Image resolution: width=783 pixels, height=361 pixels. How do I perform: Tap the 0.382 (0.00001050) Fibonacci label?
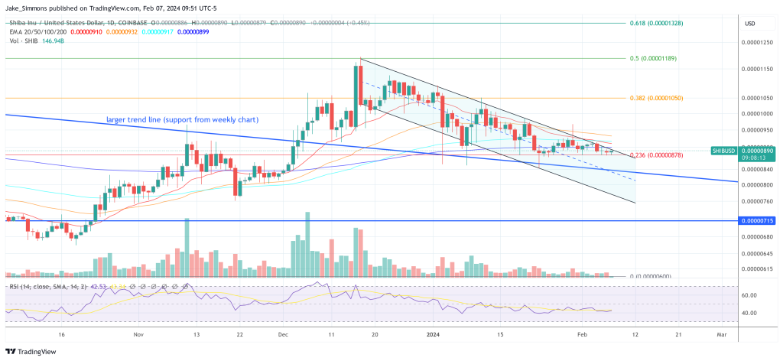click(662, 98)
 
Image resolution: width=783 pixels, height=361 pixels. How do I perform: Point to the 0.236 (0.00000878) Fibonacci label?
click(661, 155)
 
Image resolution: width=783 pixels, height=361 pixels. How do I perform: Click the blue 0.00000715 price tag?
click(759, 220)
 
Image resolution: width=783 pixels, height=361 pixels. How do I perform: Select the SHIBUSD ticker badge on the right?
click(723, 151)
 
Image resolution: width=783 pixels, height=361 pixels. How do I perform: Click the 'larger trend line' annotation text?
click(181, 120)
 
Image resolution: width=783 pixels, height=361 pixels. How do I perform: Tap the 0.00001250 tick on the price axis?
click(760, 44)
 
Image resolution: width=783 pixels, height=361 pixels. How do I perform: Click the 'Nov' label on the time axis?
click(138, 334)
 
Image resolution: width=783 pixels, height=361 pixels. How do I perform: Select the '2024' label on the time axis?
click(432, 334)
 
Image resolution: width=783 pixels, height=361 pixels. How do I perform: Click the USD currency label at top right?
click(750, 24)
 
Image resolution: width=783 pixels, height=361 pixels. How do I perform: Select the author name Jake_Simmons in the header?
click(28, 8)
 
